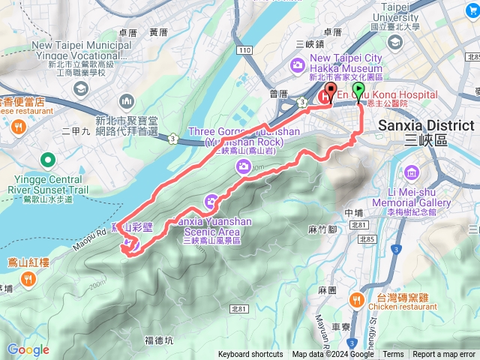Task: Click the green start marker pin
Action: (358, 92)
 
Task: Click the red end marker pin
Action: (330, 94)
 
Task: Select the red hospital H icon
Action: (326, 96)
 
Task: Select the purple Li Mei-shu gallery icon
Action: (411, 173)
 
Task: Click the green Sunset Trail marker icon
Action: (49, 159)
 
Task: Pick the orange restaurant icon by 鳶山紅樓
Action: (28, 279)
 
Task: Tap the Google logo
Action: (28, 349)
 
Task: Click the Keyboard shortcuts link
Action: (250, 355)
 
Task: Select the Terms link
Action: (393, 355)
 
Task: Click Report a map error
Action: (444, 355)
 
